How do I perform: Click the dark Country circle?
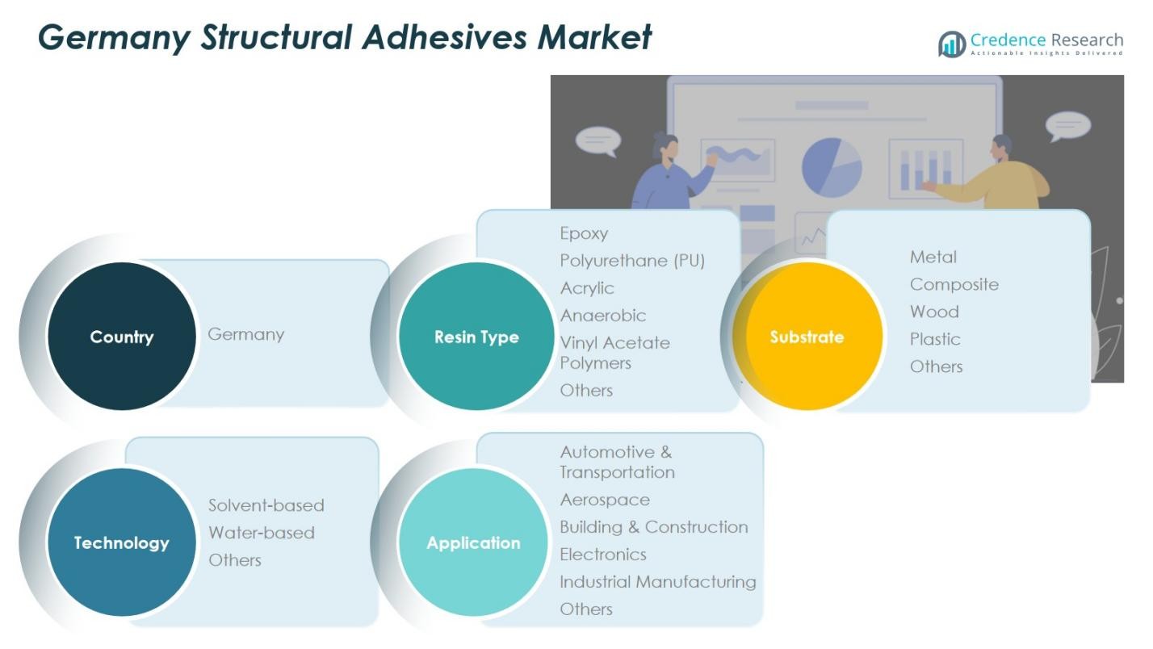122,337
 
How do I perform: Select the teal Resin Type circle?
476,337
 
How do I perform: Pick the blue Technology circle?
122,542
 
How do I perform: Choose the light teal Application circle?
473,542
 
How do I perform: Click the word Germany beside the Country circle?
246,334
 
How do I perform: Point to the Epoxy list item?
584,233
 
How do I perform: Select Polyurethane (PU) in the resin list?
632,261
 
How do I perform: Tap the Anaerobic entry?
603,316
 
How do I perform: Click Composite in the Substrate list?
954,284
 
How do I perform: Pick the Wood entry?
934,312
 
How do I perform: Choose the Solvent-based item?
266,505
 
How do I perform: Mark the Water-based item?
262,533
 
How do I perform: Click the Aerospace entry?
605,500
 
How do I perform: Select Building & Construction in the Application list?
654,527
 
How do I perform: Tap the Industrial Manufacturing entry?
658,582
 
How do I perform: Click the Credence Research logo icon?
952,44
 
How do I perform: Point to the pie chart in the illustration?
831,166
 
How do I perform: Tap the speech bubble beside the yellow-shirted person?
1067,127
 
